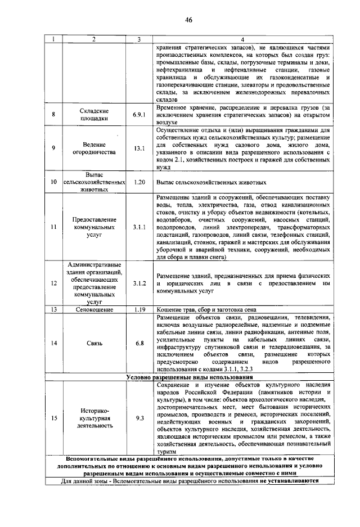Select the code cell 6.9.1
click(x=139, y=115)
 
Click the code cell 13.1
click(x=139, y=148)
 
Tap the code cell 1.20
click(x=139, y=183)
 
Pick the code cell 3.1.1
click(x=139, y=227)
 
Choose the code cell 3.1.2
click(x=139, y=283)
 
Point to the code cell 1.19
click(x=139, y=309)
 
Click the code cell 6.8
click(x=139, y=343)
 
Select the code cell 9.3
click(x=139, y=418)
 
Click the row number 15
click(x=53, y=418)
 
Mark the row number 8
click(x=53, y=115)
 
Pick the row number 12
click(x=53, y=283)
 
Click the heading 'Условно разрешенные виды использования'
click(x=190, y=376)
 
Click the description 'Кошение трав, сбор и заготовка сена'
click(x=208, y=309)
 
